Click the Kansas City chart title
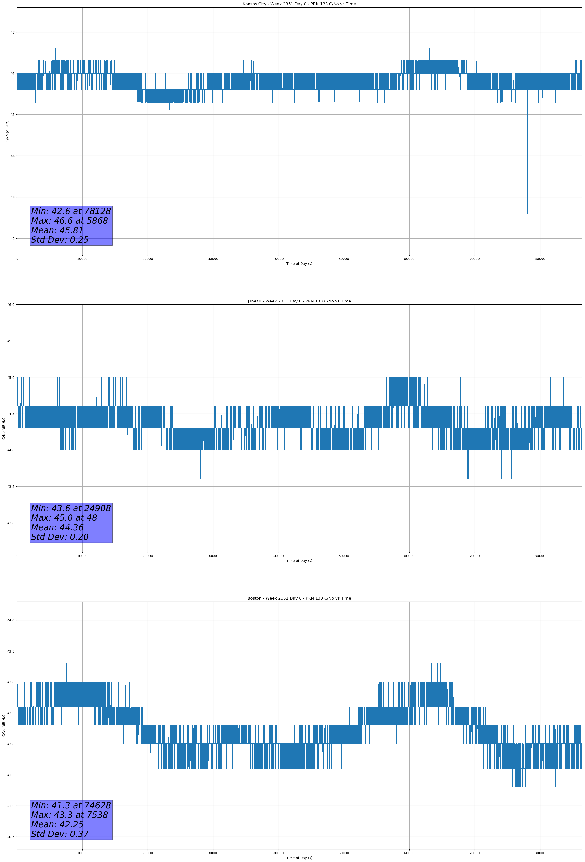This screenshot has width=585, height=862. pyautogui.click(x=299, y=4)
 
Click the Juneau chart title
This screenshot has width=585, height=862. pyautogui.click(x=299, y=301)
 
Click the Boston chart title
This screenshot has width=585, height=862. pyautogui.click(x=299, y=598)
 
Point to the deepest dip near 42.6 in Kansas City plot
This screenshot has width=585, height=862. pyautogui.click(x=527, y=213)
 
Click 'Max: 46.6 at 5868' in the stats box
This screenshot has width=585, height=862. pyautogui.click(x=69, y=221)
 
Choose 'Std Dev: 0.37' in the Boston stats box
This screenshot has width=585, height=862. pyautogui.click(x=60, y=834)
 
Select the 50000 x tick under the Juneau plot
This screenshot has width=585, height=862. pyautogui.click(x=344, y=556)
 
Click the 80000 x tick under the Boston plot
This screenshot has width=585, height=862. pyautogui.click(x=540, y=853)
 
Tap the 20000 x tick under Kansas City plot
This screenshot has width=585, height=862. pyautogui.click(x=148, y=259)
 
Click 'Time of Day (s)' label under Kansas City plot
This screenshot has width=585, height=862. pyautogui.click(x=299, y=264)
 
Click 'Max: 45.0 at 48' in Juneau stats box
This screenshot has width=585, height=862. pyautogui.click(x=64, y=518)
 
